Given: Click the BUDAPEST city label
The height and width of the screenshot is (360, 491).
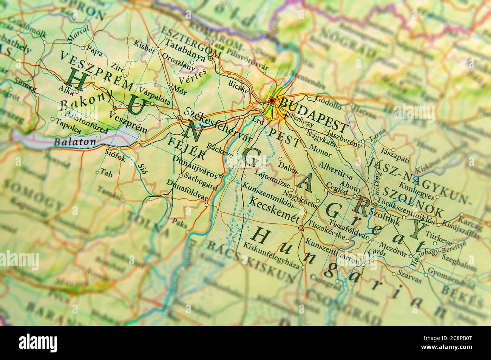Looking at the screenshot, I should tap(313, 114).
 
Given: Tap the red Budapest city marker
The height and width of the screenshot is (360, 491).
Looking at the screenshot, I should tap(272, 100).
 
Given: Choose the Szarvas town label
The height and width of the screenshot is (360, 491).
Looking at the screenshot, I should tap(410, 280).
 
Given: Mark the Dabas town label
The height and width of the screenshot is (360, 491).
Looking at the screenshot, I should tap(288, 167).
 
